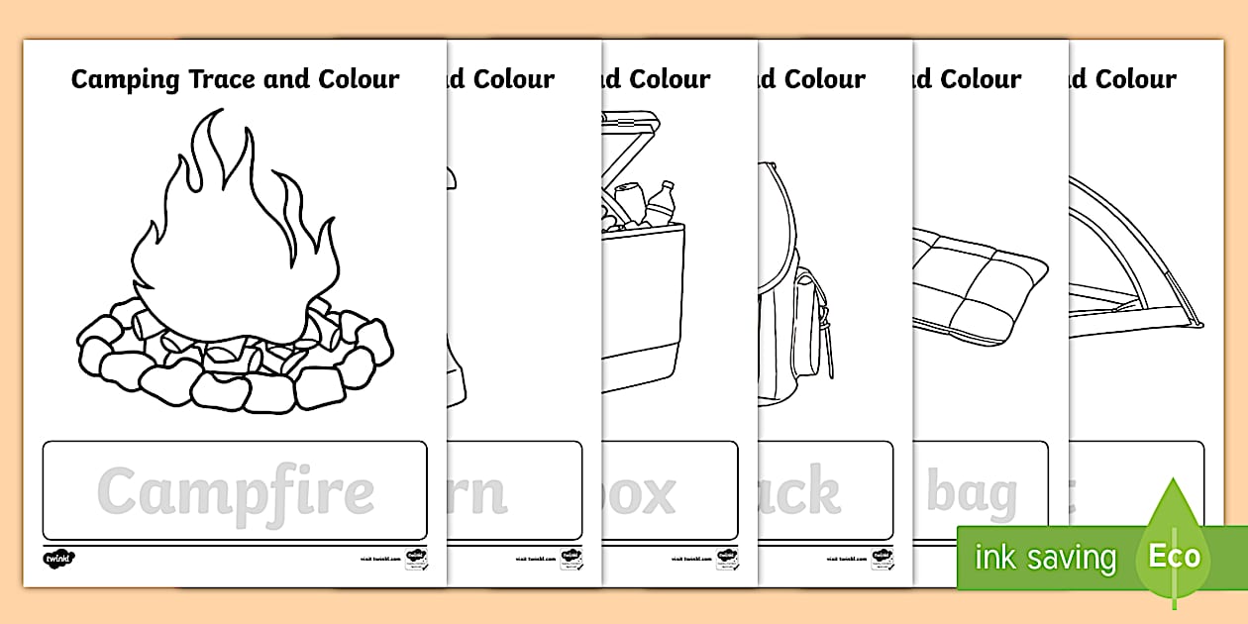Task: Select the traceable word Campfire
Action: (236, 491)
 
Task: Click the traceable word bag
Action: (972, 493)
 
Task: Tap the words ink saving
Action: (1045, 558)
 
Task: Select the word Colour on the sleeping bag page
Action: (980, 79)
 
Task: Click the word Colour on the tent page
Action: (1135, 79)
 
